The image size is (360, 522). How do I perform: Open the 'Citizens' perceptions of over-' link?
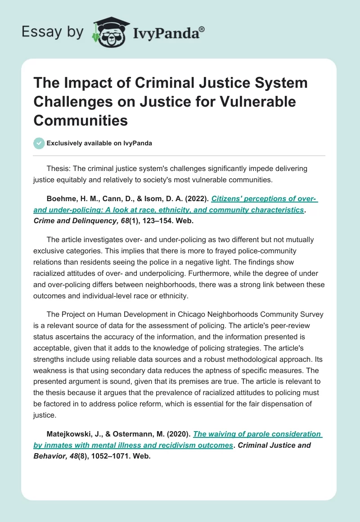265,198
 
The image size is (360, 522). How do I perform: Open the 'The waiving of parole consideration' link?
257,434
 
